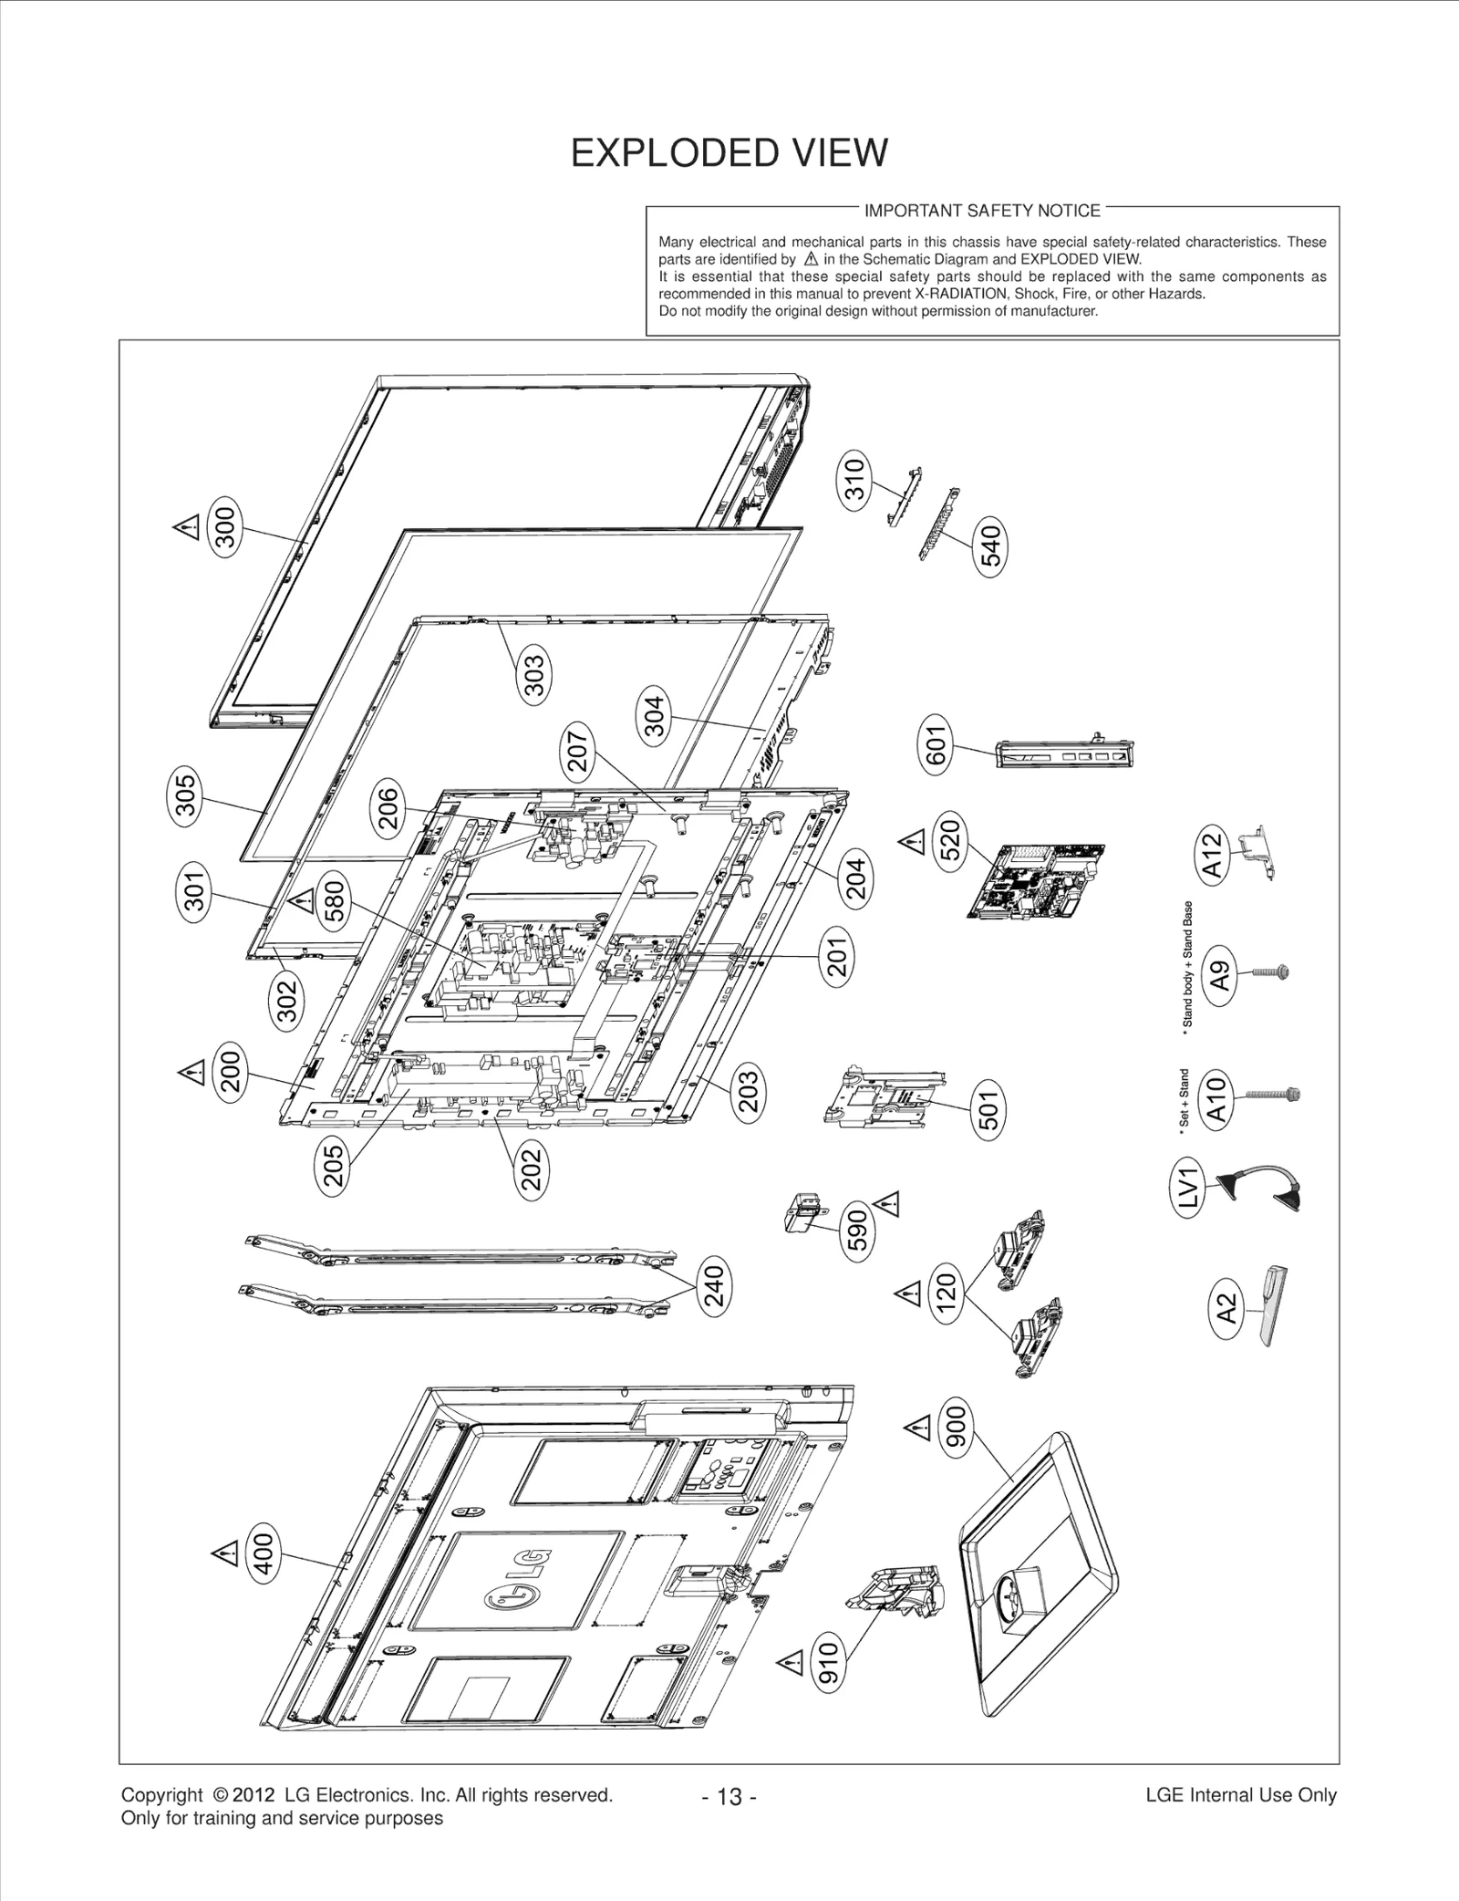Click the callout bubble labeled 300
pyautogui.click(x=224, y=526)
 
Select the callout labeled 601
pyautogui.click(x=937, y=744)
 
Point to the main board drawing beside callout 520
pyautogui.click(x=1036, y=880)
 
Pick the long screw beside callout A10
pyautogui.click(x=1273, y=1093)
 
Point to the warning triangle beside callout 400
pyautogui.click(x=223, y=1551)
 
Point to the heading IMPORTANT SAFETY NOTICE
pyautogui.click(x=982, y=211)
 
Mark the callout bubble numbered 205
pyautogui.click(x=334, y=1166)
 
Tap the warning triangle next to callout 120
pyautogui.click(x=907, y=1293)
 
